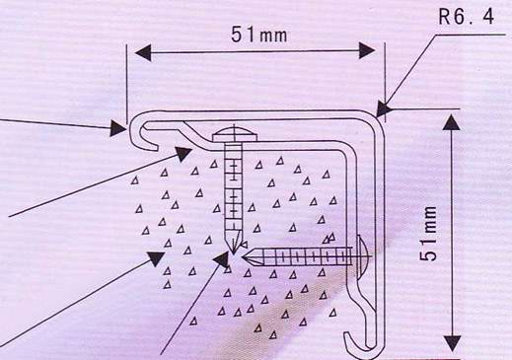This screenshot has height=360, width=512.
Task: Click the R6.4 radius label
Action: [466, 16]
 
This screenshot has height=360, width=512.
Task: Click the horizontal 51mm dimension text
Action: [259, 35]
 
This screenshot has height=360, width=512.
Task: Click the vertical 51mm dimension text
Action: [429, 234]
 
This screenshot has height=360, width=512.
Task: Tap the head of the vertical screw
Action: [234, 134]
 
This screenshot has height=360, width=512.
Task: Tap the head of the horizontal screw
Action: [361, 256]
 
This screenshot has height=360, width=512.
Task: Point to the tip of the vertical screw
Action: [233, 254]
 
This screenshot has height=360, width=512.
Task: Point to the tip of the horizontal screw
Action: [243, 257]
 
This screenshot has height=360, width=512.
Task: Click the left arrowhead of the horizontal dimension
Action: [143, 52]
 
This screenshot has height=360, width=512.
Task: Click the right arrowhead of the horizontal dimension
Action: [367, 50]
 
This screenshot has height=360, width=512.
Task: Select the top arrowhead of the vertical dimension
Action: [453, 122]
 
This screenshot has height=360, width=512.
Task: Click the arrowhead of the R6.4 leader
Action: [383, 109]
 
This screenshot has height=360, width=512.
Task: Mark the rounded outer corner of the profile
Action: [377, 119]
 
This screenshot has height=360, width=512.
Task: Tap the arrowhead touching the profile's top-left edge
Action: [117, 128]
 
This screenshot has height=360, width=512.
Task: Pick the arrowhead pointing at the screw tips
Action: [221, 259]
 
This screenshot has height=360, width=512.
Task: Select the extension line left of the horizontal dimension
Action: [126, 84]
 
